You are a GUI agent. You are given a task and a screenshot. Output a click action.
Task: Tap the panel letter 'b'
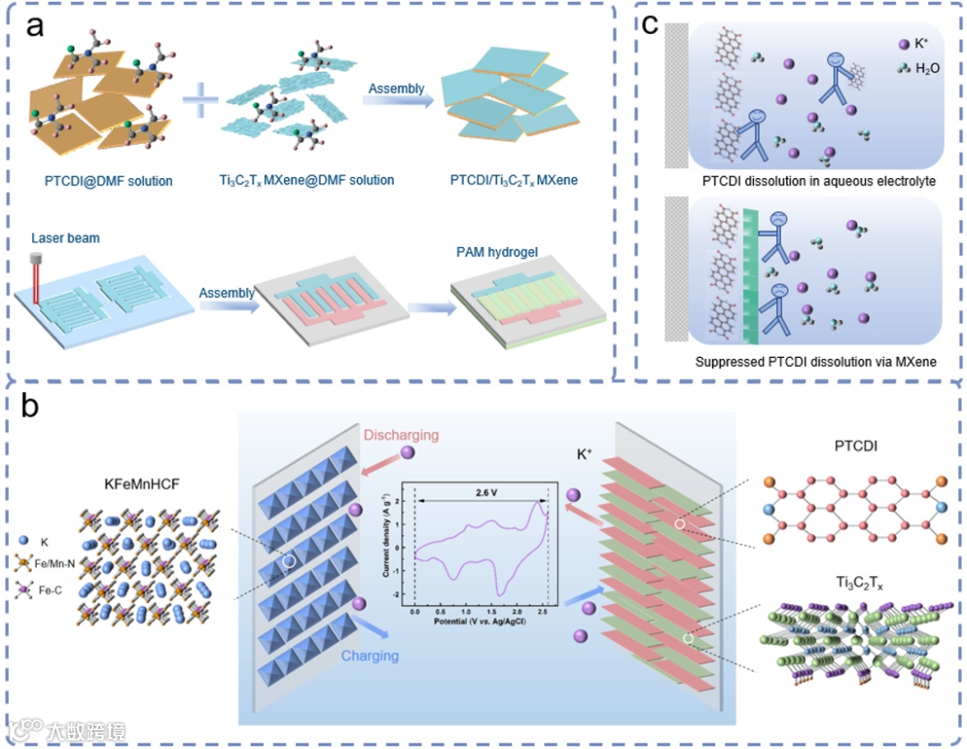(30, 407)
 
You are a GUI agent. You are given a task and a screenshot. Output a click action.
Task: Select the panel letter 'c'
(652, 24)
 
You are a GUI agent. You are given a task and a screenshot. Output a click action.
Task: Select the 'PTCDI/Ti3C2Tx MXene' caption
(515, 181)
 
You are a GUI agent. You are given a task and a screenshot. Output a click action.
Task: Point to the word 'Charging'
(370, 656)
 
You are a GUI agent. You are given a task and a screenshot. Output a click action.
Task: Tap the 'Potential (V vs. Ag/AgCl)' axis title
(479, 619)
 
